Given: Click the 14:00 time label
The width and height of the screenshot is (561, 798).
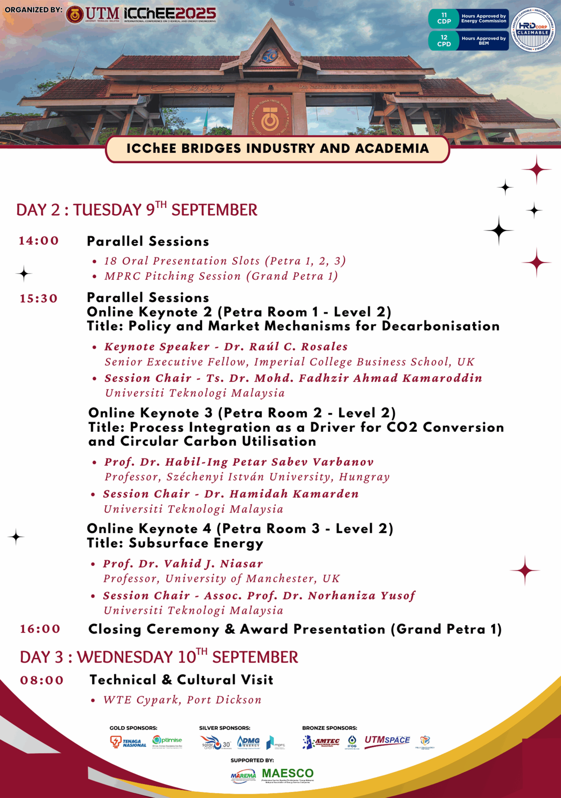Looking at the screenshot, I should tap(39, 241).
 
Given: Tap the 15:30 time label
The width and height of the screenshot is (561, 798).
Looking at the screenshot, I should tap(39, 299).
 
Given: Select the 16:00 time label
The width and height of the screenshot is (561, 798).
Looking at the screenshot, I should tap(40, 629).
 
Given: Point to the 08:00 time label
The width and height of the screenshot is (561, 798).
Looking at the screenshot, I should tap(42, 680).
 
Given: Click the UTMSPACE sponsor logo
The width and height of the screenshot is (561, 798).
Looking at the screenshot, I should tap(387, 741).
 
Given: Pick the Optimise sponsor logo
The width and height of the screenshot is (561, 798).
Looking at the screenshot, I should tap(167, 741).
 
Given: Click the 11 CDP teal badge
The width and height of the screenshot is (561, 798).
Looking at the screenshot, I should tap(444, 18).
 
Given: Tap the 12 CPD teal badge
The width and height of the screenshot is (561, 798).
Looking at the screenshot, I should tap(444, 41).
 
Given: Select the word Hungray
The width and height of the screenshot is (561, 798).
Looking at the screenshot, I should tap(364, 477).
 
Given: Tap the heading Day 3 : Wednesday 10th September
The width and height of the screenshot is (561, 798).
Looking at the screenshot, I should tap(159, 657).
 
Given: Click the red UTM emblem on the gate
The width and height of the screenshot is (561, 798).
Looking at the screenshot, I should tap(269, 117).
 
